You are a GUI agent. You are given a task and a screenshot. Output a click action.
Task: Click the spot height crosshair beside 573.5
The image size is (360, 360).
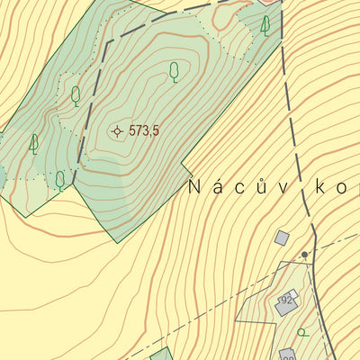(x=117, y=131)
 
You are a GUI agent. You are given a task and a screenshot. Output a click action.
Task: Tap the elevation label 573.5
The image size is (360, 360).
(x=144, y=131)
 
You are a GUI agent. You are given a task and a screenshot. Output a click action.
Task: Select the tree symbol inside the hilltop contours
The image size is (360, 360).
(x=175, y=71)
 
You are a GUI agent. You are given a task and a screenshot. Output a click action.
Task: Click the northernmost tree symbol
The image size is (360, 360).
(x=265, y=25)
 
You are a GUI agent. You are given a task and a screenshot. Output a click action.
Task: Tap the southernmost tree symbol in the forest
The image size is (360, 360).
(x=60, y=180)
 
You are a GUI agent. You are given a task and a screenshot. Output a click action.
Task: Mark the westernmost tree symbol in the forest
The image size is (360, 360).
(x=34, y=143)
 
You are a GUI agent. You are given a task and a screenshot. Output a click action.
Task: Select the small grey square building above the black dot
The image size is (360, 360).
(x=282, y=238)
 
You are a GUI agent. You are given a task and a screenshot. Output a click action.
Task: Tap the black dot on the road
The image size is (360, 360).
(x=305, y=255)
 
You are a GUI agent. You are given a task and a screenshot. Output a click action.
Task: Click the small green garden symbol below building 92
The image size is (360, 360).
(x=303, y=332)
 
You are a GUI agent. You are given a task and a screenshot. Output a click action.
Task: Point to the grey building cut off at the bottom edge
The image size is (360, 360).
(x=288, y=355)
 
